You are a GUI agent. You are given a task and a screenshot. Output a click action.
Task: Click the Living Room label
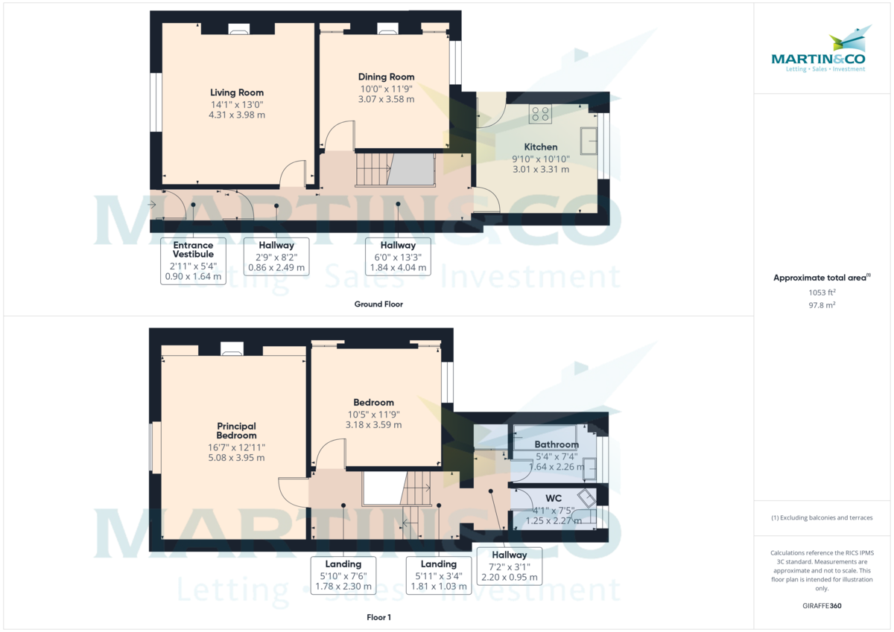[237, 92]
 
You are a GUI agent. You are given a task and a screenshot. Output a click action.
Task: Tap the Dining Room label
[386, 77]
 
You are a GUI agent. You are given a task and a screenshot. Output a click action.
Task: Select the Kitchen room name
[540, 147]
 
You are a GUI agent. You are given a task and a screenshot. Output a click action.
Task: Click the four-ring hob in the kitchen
[540, 114]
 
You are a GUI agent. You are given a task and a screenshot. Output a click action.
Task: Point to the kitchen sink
[589, 141]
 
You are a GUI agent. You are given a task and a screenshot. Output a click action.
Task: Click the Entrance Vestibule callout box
[193, 261]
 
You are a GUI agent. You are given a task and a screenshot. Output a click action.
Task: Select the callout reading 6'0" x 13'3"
[398, 256]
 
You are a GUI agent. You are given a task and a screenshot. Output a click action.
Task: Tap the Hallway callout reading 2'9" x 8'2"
[276, 256]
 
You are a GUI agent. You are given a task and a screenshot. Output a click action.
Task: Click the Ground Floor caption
[378, 304]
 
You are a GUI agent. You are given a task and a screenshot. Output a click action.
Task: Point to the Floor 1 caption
[378, 617]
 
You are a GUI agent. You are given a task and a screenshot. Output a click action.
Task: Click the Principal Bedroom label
[236, 430]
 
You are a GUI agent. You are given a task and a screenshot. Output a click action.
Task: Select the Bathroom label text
[557, 444]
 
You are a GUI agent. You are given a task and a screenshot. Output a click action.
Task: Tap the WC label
[553, 498]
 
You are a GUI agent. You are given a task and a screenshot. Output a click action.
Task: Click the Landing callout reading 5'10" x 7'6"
[343, 575]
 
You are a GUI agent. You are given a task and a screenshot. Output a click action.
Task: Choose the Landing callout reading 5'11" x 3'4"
[439, 575]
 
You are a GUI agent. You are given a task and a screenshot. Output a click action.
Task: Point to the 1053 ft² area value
[822, 293]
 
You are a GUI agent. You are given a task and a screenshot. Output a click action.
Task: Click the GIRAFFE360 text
[822, 606]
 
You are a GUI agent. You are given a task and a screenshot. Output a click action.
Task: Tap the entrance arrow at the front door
[152, 205]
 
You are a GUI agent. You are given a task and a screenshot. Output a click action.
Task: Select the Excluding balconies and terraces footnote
[822, 517]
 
